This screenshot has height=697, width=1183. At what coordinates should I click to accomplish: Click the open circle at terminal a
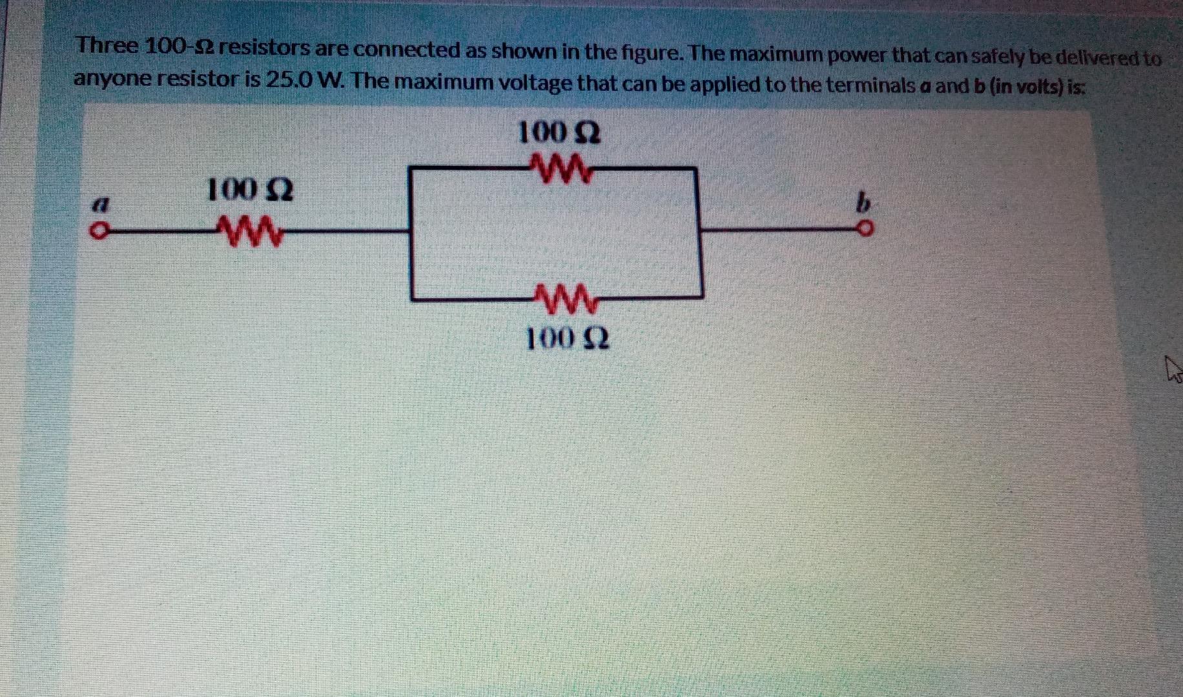[x=97, y=231]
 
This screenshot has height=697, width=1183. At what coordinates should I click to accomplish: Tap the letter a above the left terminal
[x=99, y=205]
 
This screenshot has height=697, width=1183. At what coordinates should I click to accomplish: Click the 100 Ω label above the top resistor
[x=559, y=134]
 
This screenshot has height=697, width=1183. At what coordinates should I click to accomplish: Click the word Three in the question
[x=107, y=46]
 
